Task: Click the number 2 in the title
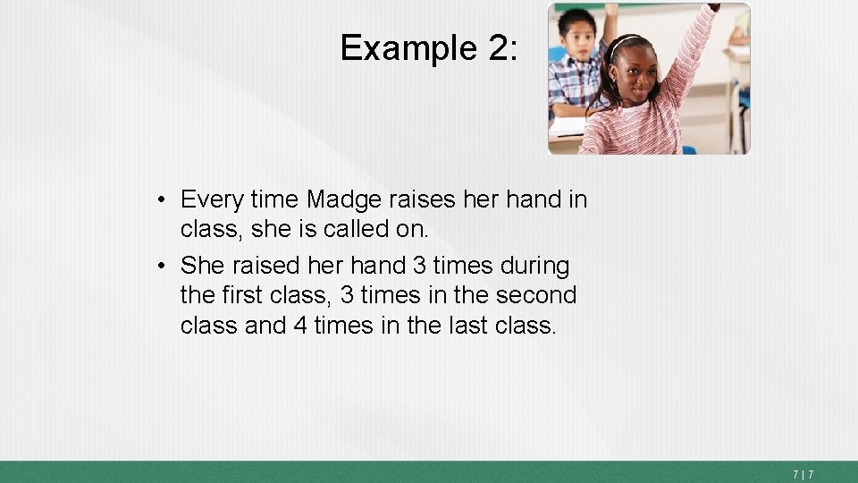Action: coord(498,47)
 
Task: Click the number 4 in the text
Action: coord(301,326)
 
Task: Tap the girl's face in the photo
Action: coord(635,72)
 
